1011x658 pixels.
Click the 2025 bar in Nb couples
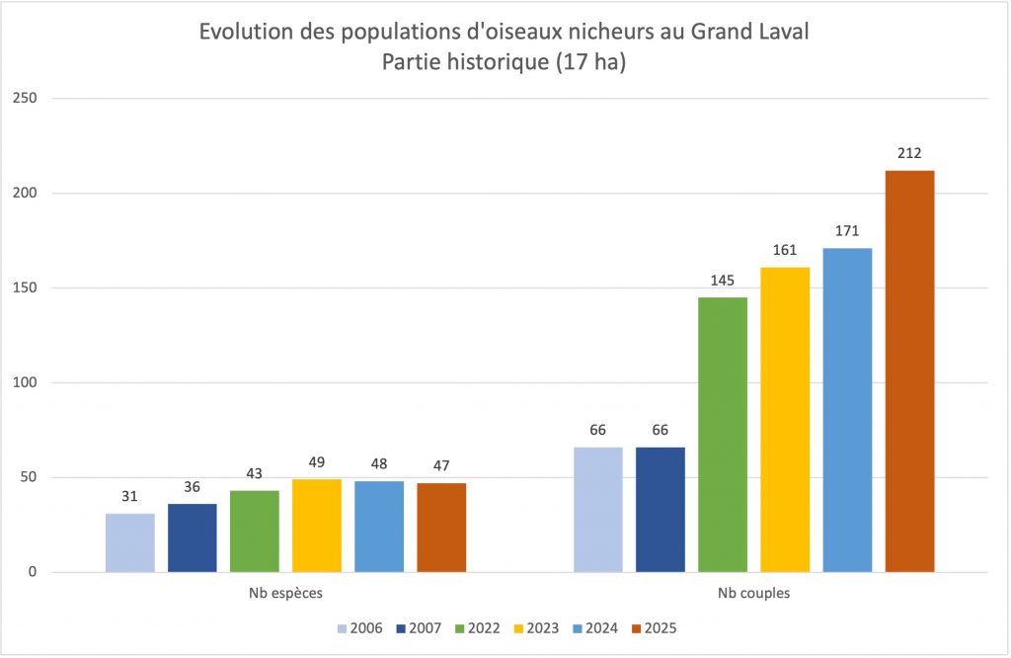pyautogui.click(x=909, y=370)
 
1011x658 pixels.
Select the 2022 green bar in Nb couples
pyautogui.click(x=723, y=435)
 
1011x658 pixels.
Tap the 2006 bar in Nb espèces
pyautogui.click(x=130, y=542)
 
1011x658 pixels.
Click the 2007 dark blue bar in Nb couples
pyautogui.click(x=661, y=510)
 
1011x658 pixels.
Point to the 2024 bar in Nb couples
pyautogui.click(x=847, y=410)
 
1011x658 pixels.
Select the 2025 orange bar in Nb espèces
pyautogui.click(x=441, y=528)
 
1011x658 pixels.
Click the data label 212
pyautogui.click(x=909, y=153)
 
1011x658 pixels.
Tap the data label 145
pyautogui.click(x=723, y=281)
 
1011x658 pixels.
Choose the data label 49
pyautogui.click(x=317, y=462)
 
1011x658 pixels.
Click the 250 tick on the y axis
pyautogui.click(x=25, y=99)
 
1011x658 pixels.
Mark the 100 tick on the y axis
pyautogui.click(x=25, y=383)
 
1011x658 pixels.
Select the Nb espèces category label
pyautogui.click(x=285, y=596)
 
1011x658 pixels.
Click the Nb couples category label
pyautogui.click(x=754, y=596)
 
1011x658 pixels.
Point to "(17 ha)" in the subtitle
pyautogui.click(x=590, y=61)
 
